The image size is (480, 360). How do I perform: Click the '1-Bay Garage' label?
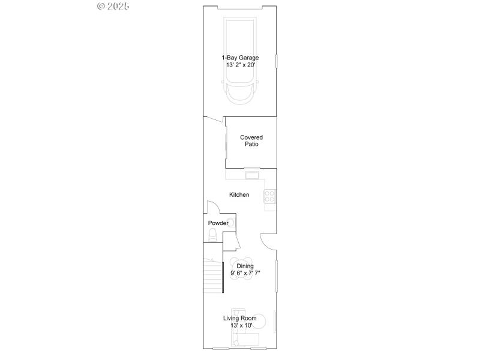click(x=239, y=58)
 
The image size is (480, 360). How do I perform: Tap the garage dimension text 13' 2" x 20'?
click(x=239, y=65)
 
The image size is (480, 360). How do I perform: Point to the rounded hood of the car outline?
click(x=239, y=95)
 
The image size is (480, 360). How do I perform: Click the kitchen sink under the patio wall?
click(x=251, y=175)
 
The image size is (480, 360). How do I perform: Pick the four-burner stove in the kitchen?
click(x=270, y=196)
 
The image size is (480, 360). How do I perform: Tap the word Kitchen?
click(x=239, y=194)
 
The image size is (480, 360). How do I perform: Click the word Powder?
click(x=218, y=223)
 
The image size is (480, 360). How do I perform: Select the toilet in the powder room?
click(x=211, y=238)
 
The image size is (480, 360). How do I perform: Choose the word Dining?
click(x=245, y=266)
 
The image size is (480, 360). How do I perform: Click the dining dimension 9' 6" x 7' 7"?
click(x=245, y=273)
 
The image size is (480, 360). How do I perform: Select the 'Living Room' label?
click(x=240, y=318)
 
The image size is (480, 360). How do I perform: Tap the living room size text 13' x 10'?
click(x=240, y=325)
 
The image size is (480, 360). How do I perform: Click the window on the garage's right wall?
click(x=276, y=61)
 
